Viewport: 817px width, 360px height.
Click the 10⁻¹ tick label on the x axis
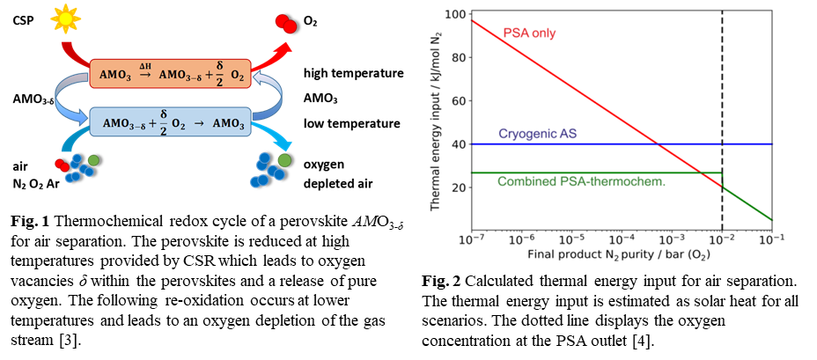pyautogui.click(x=774, y=239)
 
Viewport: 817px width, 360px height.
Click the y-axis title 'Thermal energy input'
pyautogui.click(x=435, y=123)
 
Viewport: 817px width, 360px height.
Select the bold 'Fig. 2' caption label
pyautogui.click(x=441, y=283)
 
